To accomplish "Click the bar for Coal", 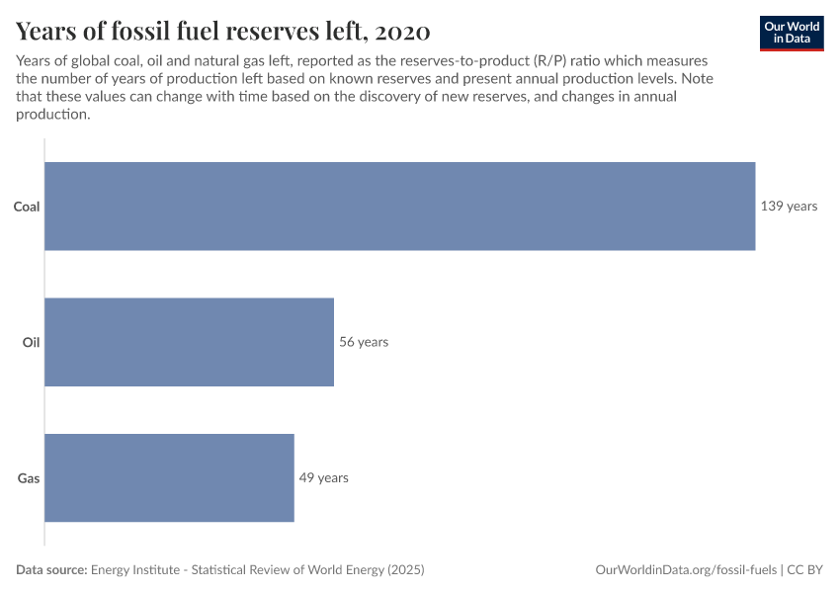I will [400, 206].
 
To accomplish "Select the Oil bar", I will [190, 342].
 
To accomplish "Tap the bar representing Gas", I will [170, 477].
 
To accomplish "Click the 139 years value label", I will [789, 207].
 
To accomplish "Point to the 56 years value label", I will [364, 342].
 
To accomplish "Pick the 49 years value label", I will [324, 477].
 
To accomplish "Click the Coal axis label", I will [27, 207].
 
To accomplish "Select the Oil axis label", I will [31, 342].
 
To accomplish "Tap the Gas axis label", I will [29, 478].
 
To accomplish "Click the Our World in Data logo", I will [792, 33].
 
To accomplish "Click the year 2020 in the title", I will [403, 31].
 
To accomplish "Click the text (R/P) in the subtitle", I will [552, 61].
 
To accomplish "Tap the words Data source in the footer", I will [51, 570].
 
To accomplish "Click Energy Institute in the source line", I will [135, 570].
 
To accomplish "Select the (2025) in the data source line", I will [404, 570].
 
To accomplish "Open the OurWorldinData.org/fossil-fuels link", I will [686, 570].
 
